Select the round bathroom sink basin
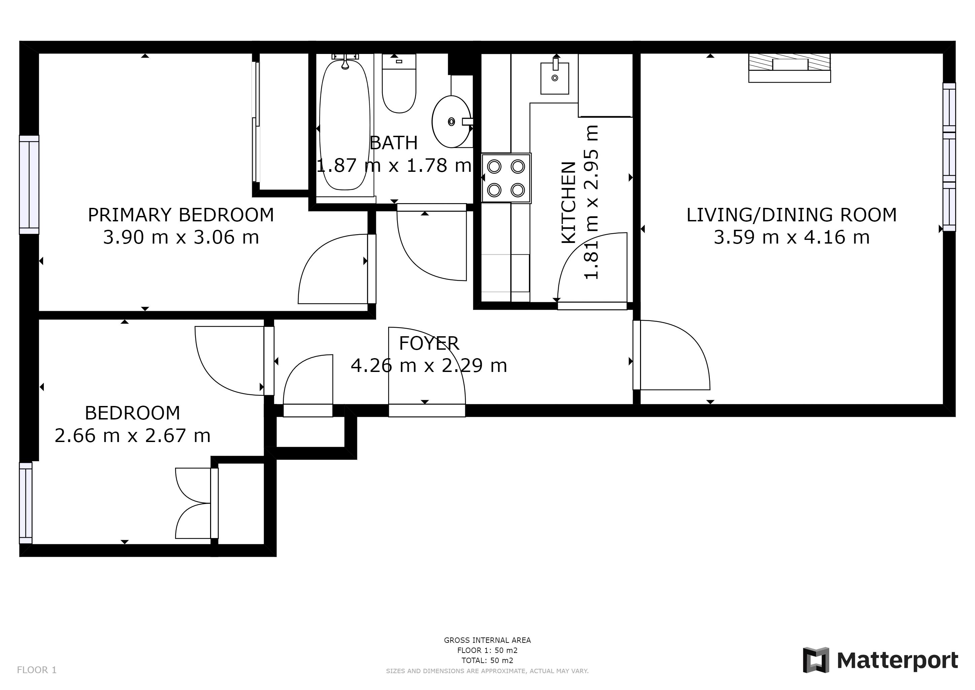[x=451, y=122]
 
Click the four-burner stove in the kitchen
[x=506, y=178]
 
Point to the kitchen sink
[x=554, y=78]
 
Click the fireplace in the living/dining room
[x=789, y=68]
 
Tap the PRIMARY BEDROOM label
[x=181, y=215]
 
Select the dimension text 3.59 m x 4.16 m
[x=792, y=237]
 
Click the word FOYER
[x=429, y=343]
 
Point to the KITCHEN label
[x=569, y=203]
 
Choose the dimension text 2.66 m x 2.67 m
[x=133, y=436]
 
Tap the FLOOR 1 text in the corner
[x=36, y=670]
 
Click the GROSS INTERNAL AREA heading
[x=487, y=640]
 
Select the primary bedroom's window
[x=29, y=185]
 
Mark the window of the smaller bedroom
[x=26, y=503]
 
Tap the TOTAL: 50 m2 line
[x=487, y=660]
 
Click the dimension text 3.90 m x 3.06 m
[x=181, y=237]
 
